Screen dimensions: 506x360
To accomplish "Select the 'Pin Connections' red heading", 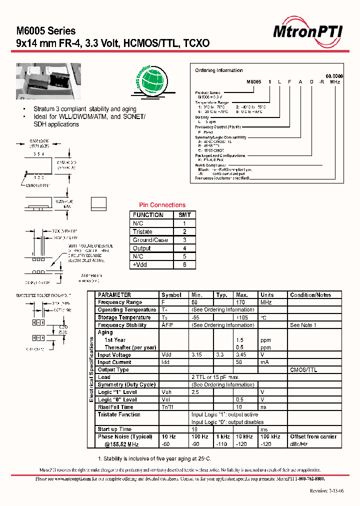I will pos(161,205).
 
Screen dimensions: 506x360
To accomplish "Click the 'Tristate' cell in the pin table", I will pos(143,231).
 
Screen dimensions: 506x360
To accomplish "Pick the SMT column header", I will pos(184,215).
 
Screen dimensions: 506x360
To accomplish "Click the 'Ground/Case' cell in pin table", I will pos(150,240).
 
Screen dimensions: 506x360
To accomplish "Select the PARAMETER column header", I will pos(114,295).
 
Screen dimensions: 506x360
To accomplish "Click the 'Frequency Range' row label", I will pos(120,302).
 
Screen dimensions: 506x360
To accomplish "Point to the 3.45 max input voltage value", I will pos(242,355).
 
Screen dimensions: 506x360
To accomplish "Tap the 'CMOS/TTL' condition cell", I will pos(303,370).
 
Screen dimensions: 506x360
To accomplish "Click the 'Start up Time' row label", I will pos(114,429).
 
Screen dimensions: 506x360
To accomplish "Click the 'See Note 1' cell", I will pos(303,325).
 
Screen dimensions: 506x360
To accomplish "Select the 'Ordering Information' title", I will pos(218,70).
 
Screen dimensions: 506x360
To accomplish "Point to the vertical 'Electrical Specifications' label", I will pos(91,369).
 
